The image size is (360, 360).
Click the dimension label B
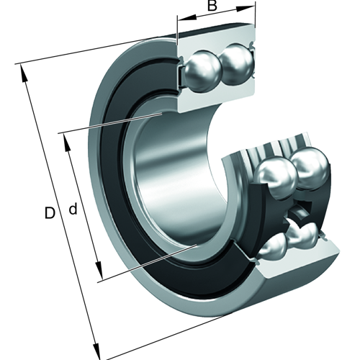pyautogui.click(x=212, y=6)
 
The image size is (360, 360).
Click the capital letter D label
pyautogui.click(x=48, y=213)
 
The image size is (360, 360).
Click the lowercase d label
pyautogui.click(x=73, y=210)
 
